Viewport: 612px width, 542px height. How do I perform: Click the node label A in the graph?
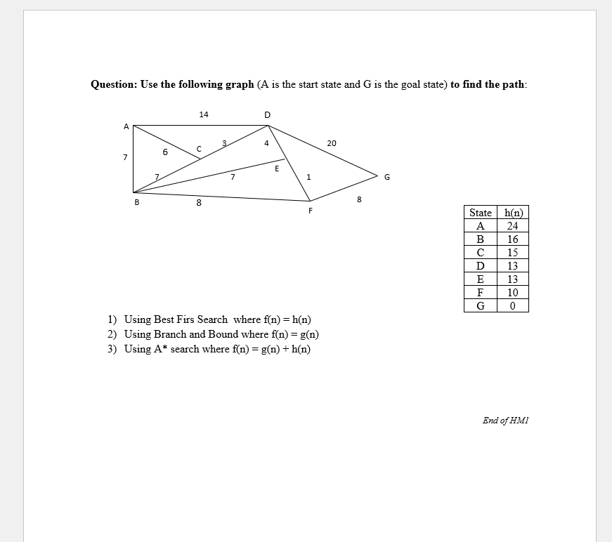[x=126, y=127]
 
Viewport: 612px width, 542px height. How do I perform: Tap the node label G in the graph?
[x=386, y=177]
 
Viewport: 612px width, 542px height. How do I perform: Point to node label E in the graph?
[x=277, y=168]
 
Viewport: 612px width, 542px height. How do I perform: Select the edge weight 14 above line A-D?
[x=203, y=114]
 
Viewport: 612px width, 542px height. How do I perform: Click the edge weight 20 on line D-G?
[x=332, y=143]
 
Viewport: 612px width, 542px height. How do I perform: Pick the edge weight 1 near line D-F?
[x=308, y=176]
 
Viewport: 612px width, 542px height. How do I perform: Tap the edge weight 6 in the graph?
[x=164, y=152]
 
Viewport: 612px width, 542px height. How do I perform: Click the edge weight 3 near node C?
[x=224, y=143]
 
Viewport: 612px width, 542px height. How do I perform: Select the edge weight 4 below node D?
[x=266, y=143]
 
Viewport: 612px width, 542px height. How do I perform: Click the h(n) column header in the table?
[x=512, y=213]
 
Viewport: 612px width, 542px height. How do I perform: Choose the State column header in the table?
[x=480, y=213]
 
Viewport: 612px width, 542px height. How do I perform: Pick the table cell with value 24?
[x=512, y=226]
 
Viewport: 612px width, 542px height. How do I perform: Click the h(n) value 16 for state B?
[x=512, y=239]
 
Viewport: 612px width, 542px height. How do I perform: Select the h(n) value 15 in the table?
[x=512, y=253]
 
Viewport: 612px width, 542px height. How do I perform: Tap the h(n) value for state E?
[x=512, y=279]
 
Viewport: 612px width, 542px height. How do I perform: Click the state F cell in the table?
[x=480, y=293]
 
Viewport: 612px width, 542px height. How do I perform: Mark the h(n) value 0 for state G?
[x=512, y=306]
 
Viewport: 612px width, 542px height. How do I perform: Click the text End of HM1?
[x=505, y=421]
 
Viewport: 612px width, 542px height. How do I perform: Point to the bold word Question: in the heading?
[x=114, y=84]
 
